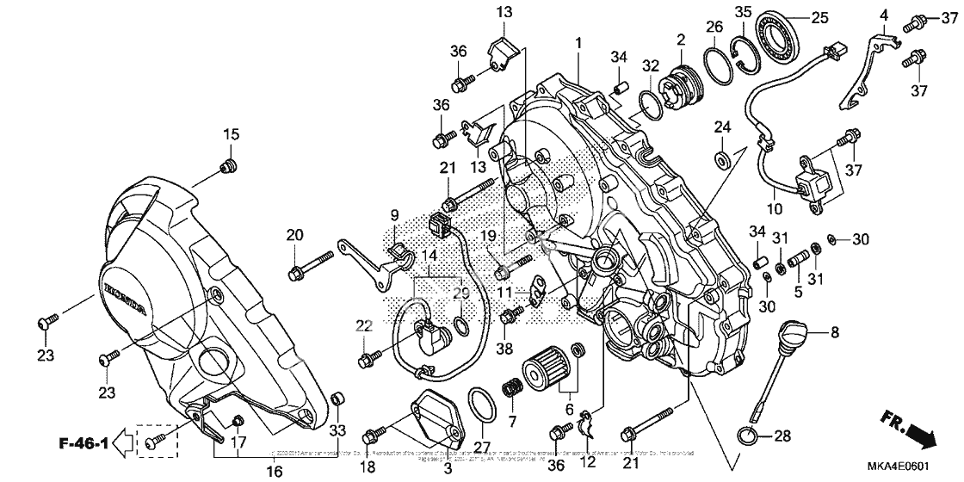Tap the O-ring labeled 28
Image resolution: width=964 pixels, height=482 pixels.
pos(748,434)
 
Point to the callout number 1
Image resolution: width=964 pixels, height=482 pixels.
pos(579,42)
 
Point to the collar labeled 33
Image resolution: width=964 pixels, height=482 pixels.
pos(338,399)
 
